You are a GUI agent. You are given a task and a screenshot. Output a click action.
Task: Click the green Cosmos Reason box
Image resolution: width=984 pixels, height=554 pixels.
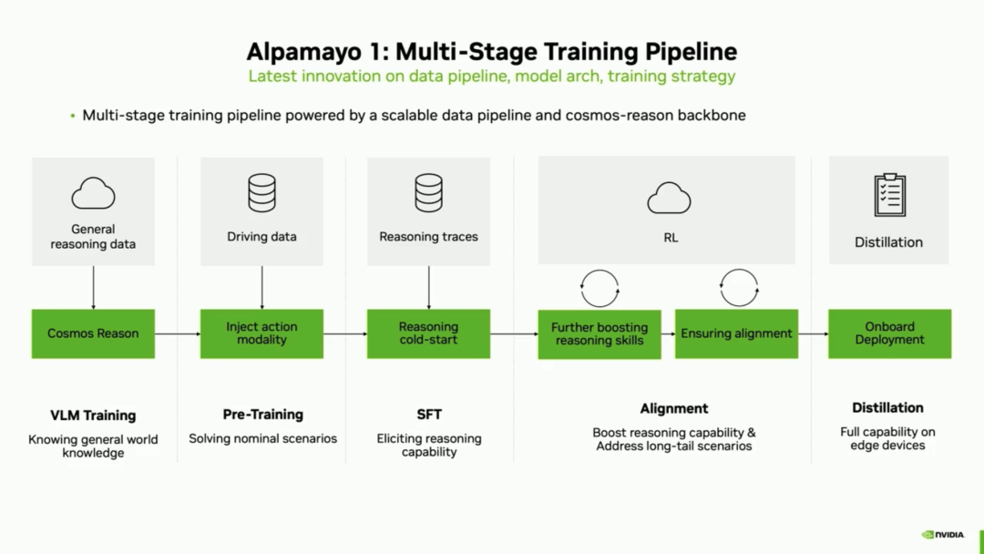[93, 333]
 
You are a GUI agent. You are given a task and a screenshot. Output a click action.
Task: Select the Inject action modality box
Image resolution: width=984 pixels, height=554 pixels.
[261, 333]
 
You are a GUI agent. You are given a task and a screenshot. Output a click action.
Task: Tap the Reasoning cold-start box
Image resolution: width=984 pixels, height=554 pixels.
[428, 333]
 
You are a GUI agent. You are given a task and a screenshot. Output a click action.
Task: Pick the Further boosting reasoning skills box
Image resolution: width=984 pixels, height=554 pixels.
[599, 334]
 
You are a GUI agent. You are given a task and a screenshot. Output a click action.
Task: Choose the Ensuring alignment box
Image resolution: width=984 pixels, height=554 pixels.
[736, 334]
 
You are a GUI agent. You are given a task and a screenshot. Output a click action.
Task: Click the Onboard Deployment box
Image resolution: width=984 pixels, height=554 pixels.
[889, 333]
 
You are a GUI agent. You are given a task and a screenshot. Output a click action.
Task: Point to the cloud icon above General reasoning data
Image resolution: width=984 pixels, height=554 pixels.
[93, 193]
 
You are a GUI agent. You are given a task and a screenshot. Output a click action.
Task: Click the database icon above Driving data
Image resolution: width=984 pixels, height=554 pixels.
[261, 193]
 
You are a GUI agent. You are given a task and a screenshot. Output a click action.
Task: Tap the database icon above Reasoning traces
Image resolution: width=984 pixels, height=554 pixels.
[428, 193]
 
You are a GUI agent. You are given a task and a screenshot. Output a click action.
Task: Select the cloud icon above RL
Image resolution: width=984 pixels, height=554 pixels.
[670, 198]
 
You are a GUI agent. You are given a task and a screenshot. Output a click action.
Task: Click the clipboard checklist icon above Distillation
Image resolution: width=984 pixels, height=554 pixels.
[889, 194]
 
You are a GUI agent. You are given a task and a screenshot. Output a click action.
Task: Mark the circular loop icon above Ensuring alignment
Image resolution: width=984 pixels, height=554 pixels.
[739, 288]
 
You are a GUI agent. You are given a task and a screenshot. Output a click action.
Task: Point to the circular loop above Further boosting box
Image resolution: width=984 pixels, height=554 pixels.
[600, 289]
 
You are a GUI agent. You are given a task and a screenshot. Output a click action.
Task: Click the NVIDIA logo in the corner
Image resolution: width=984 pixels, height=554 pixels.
[942, 535]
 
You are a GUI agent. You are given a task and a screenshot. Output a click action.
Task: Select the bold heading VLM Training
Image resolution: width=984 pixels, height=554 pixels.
[93, 415]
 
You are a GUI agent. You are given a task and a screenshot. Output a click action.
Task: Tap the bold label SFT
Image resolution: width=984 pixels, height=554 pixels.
[429, 415]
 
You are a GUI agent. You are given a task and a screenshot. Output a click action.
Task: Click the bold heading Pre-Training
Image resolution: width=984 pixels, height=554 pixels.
[262, 415]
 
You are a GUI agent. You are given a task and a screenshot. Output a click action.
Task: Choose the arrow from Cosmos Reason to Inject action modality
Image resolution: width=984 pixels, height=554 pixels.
[178, 333]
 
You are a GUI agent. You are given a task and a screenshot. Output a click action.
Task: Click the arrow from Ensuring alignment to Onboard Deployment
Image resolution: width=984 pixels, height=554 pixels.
[813, 333]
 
